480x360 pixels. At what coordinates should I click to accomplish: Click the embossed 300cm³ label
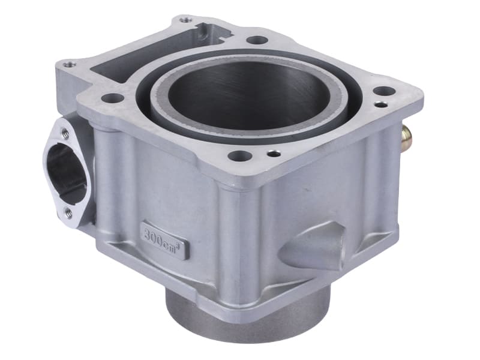164,238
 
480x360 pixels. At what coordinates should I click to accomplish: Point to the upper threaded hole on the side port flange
65,133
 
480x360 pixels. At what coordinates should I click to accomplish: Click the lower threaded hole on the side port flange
68,211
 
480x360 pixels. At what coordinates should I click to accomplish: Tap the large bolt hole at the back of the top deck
257,40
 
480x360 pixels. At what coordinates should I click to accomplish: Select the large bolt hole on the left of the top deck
112,98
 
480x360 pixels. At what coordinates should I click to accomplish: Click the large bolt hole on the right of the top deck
383,91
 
